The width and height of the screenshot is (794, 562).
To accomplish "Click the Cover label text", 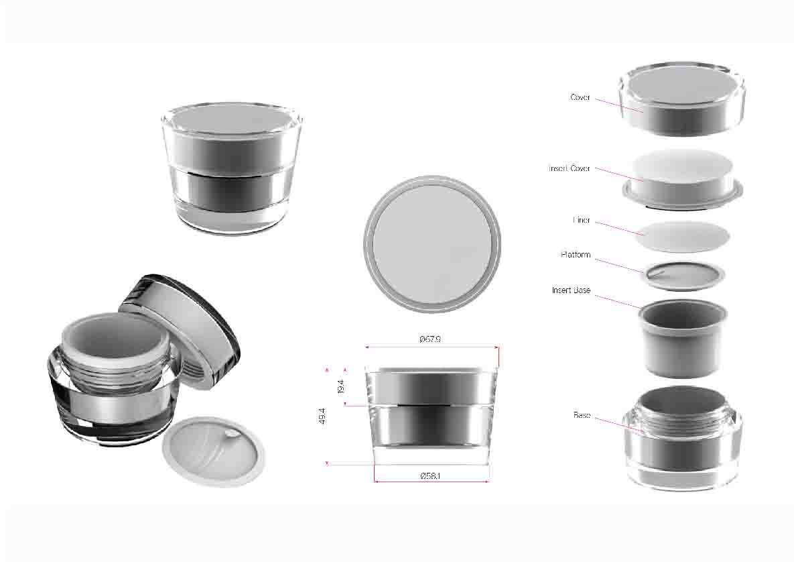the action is pyautogui.click(x=580, y=97).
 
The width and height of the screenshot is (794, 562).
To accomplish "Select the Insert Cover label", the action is pyautogui.click(x=570, y=168).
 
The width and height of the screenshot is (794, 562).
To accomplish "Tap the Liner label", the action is pyautogui.click(x=582, y=221).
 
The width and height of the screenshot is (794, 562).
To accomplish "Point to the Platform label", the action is pyautogui.click(x=576, y=254).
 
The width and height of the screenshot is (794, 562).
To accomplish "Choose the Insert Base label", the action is pyautogui.click(x=571, y=290).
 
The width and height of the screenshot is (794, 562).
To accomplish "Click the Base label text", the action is pyautogui.click(x=582, y=415).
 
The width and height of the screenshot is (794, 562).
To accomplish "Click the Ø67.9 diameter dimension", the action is pyautogui.click(x=430, y=339).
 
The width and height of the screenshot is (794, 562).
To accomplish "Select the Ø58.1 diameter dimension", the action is pyautogui.click(x=430, y=476).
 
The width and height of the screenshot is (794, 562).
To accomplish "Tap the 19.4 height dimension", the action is pyautogui.click(x=341, y=387).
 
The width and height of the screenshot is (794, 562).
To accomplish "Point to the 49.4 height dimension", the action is pyautogui.click(x=322, y=416).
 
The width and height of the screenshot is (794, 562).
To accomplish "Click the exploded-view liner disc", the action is pyautogui.click(x=682, y=236).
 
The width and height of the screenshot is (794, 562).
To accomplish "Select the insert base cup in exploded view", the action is pyautogui.click(x=683, y=338).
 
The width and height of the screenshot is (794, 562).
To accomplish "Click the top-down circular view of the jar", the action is pyautogui.click(x=432, y=244).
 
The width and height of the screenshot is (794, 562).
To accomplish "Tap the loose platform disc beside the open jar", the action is pyautogui.click(x=213, y=451).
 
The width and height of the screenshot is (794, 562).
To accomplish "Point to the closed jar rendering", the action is pyautogui.click(x=232, y=170).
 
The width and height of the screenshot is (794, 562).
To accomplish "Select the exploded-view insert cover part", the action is pyautogui.click(x=683, y=180).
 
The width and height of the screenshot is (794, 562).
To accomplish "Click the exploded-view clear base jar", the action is pyautogui.click(x=682, y=439).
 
